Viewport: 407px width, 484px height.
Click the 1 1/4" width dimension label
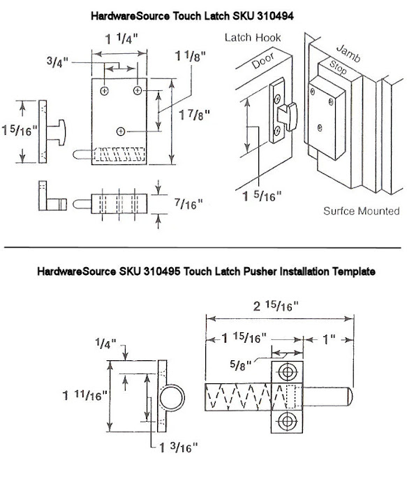(x=121, y=38)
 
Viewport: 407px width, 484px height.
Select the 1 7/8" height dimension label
(x=194, y=115)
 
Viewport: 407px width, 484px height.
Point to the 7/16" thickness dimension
(x=188, y=204)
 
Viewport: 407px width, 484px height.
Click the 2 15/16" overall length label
(x=276, y=306)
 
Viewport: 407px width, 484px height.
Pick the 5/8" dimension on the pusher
(x=241, y=365)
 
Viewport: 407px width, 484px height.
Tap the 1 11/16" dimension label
(x=84, y=395)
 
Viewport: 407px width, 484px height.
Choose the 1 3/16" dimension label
(x=178, y=447)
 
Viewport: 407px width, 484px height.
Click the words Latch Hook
(x=253, y=38)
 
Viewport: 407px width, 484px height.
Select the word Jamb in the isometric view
(x=348, y=53)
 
